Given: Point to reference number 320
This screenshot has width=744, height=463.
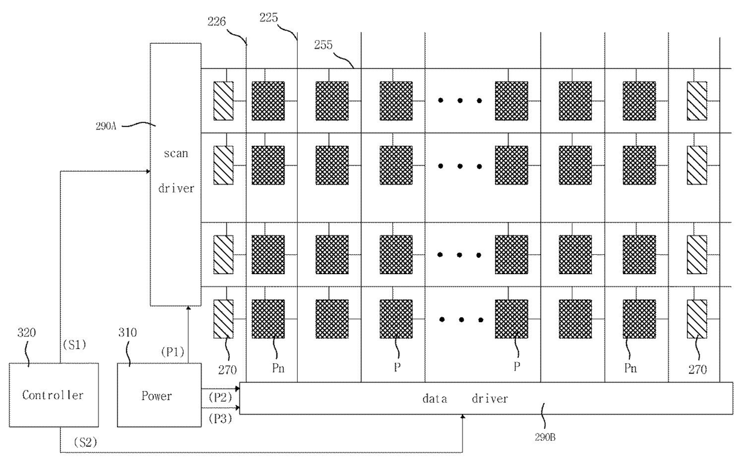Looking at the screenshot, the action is tap(26, 333).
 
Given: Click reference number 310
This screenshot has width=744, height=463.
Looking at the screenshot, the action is tap(128, 333).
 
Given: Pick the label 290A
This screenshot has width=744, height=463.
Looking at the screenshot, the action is tap(106, 127).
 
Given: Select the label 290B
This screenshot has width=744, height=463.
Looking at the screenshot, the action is tap(545, 437).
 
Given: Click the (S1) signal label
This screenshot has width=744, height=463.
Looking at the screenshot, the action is tap(74, 345).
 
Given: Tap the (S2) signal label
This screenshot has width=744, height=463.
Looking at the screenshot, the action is tap(85, 442).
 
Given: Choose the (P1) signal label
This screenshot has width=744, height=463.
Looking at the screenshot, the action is tap(173, 352).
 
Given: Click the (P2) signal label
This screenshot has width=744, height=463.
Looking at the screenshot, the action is tap(220, 397).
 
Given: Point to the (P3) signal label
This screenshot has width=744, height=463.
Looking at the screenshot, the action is tap(220, 419).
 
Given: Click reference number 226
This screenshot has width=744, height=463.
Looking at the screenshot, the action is tap(217, 22).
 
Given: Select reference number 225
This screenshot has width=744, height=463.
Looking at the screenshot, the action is tap(268, 17).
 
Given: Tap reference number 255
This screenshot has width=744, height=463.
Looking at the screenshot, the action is tap(323, 45).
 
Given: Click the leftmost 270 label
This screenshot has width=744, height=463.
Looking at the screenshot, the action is tap(227, 369).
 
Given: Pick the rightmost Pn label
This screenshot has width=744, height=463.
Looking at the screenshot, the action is tap(631, 368).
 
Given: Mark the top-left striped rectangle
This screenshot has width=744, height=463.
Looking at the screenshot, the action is tap(223, 101).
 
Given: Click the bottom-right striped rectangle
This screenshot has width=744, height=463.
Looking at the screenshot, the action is tap(697, 319).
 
